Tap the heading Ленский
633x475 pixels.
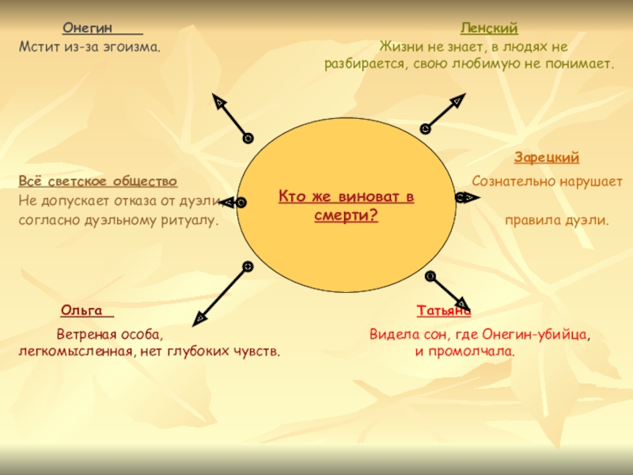(489, 28)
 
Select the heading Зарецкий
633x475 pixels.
(547, 158)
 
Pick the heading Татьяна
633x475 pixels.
(443, 311)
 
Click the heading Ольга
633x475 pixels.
(82, 308)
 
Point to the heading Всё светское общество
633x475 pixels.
(97, 181)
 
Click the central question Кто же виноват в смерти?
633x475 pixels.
(346, 205)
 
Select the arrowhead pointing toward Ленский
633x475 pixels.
(457, 100)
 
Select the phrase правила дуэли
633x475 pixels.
(557, 219)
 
